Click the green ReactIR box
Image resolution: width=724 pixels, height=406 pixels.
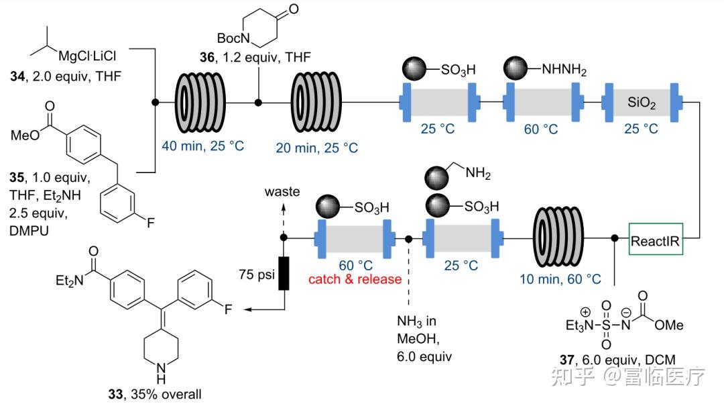pos(656,239)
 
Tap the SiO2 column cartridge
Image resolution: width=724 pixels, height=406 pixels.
pos(642,103)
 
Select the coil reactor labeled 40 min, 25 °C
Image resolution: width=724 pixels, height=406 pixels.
pos(200,103)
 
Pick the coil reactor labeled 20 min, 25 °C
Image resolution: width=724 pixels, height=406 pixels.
pos(316,103)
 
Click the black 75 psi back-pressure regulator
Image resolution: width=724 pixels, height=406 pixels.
pos(284,273)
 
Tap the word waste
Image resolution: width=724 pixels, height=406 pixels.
pos(282,191)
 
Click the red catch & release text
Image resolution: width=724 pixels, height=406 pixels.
pos(355,279)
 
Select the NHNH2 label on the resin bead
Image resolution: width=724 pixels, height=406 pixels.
pos(564,70)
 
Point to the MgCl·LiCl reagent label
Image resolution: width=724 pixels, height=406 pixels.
pos(87,56)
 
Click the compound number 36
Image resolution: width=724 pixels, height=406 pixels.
pos(207,57)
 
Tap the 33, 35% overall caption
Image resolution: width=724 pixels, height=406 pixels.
pos(155,395)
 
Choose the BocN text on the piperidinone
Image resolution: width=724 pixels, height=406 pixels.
pos(233,38)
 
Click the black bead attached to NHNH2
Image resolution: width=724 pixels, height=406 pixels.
pos(516,68)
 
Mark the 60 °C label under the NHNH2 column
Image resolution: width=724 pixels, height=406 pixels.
pos(541,129)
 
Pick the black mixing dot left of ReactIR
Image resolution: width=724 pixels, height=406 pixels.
pos(615,238)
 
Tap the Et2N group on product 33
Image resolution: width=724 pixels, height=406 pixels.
pos(70,281)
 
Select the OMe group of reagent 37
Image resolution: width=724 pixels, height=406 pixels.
pos(668,325)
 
